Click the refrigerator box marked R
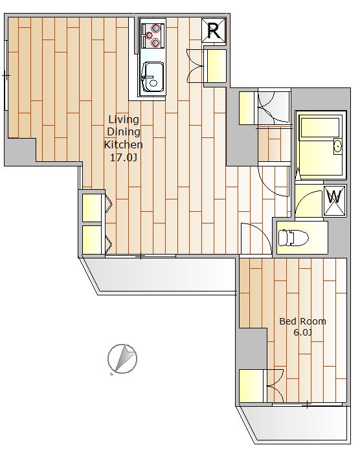(x=214, y=30)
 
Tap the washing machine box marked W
(x=334, y=201)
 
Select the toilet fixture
(x=292, y=238)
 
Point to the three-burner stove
(x=152, y=36)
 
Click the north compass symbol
(x=122, y=359)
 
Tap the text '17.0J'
(x=123, y=157)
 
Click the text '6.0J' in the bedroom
(x=302, y=332)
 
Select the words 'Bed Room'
(x=302, y=321)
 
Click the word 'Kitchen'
(x=123, y=144)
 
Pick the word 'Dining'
(x=124, y=131)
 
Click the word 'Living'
(x=124, y=119)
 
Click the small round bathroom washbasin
(x=337, y=146)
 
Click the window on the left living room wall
(x=6, y=75)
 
